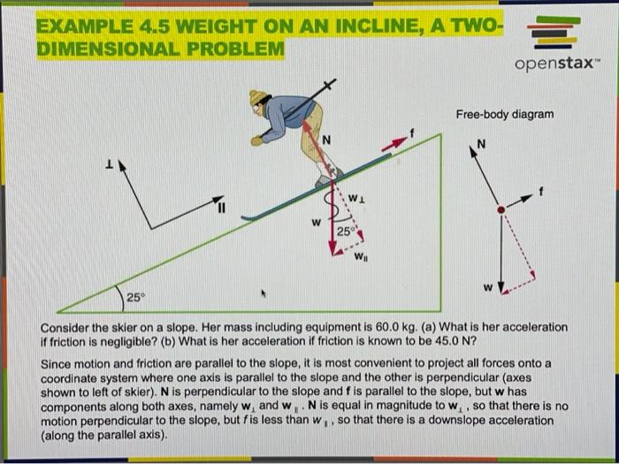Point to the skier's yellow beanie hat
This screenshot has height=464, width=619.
[x=258, y=96]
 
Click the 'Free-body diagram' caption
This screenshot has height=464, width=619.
[x=505, y=114]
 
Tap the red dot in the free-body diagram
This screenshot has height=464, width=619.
[x=501, y=209]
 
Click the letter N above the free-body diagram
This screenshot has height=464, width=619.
[x=481, y=145]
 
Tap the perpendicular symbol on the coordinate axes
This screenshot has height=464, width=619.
[x=109, y=164]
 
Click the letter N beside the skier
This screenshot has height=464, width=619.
[x=325, y=139]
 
